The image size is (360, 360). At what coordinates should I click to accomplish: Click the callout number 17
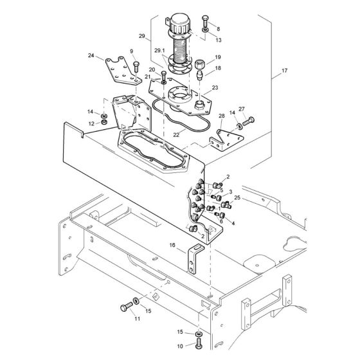pos(284,71)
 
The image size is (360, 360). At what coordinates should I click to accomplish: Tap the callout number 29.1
pos(159,51)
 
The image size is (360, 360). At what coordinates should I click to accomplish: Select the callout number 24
pos(91,55)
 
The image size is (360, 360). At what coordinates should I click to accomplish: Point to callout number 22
pos(176,135)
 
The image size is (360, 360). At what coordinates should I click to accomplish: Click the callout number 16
pos(172,245)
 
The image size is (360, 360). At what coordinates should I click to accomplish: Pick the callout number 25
pos(237,198)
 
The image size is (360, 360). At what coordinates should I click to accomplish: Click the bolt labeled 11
pos(126,307)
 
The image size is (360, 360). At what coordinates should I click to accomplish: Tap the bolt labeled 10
pos(199,344)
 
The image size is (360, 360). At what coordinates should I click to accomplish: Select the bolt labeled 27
pos(248,121)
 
